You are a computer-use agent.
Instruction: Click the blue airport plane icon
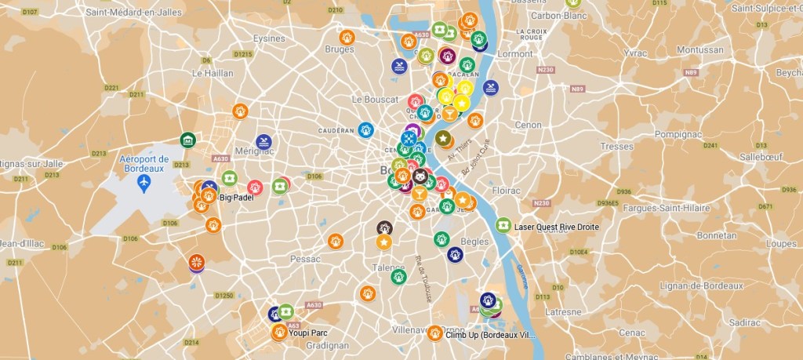pos(144,182)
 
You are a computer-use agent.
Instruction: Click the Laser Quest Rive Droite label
pos(557,227)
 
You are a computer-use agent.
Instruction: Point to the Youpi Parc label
pos(307,333)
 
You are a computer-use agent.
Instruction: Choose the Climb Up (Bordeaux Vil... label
pos(490,335)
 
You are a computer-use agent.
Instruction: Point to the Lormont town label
pos(514,54)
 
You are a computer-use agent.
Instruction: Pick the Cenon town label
pos(528,125)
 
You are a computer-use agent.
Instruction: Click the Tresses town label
pos(616,146)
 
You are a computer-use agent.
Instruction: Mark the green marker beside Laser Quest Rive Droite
pos(503,225)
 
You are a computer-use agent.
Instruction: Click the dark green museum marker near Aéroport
pos(187,140)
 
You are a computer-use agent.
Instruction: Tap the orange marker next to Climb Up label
pos(435,333)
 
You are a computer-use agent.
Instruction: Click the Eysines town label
pos(269,38)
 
